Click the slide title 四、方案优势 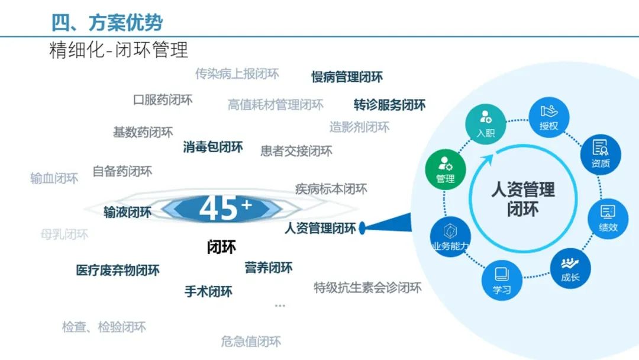[107, 22]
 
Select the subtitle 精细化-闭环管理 [118, 50]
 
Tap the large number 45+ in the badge [225, 208]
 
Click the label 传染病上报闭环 [237, 74]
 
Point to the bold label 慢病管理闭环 [347, 77]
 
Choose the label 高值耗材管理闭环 [276, 105]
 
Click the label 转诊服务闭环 [389, 105]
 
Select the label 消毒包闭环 [213, 147]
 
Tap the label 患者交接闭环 [296, 151]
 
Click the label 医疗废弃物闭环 [118, 271]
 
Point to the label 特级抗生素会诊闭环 [367, 288]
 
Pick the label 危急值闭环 [251, 341]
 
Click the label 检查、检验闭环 [104, 327]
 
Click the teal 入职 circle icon [485, 123]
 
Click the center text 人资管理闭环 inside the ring [523, 199]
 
